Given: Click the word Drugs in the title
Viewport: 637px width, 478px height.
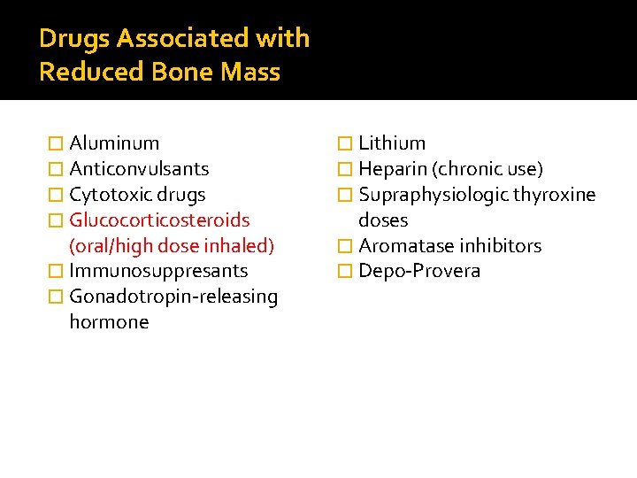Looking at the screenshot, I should point(74,39).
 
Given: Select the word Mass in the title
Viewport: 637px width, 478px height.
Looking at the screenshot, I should point(249,72).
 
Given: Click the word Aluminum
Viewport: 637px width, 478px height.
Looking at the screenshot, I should point(114,143).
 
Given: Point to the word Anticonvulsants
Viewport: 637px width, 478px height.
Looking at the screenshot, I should point(139,169).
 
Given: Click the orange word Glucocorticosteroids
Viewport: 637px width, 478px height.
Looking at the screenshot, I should point(159,220).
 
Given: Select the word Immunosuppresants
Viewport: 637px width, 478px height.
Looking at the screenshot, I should point(158,271).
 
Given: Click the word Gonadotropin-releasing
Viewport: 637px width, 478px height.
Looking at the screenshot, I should point(173,297).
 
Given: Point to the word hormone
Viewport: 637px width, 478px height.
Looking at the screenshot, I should point(109,322).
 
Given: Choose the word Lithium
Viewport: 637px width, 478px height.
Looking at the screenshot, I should point(392,143).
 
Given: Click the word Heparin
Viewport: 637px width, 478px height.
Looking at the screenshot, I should point(392,169).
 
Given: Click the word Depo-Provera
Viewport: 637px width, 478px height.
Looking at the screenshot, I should point(419,271).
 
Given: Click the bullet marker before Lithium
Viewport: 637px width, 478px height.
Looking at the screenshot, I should point(346,143).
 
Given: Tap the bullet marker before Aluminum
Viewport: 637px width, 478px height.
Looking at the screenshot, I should point(57,143).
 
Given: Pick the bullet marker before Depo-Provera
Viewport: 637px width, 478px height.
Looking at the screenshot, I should point(346,271).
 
